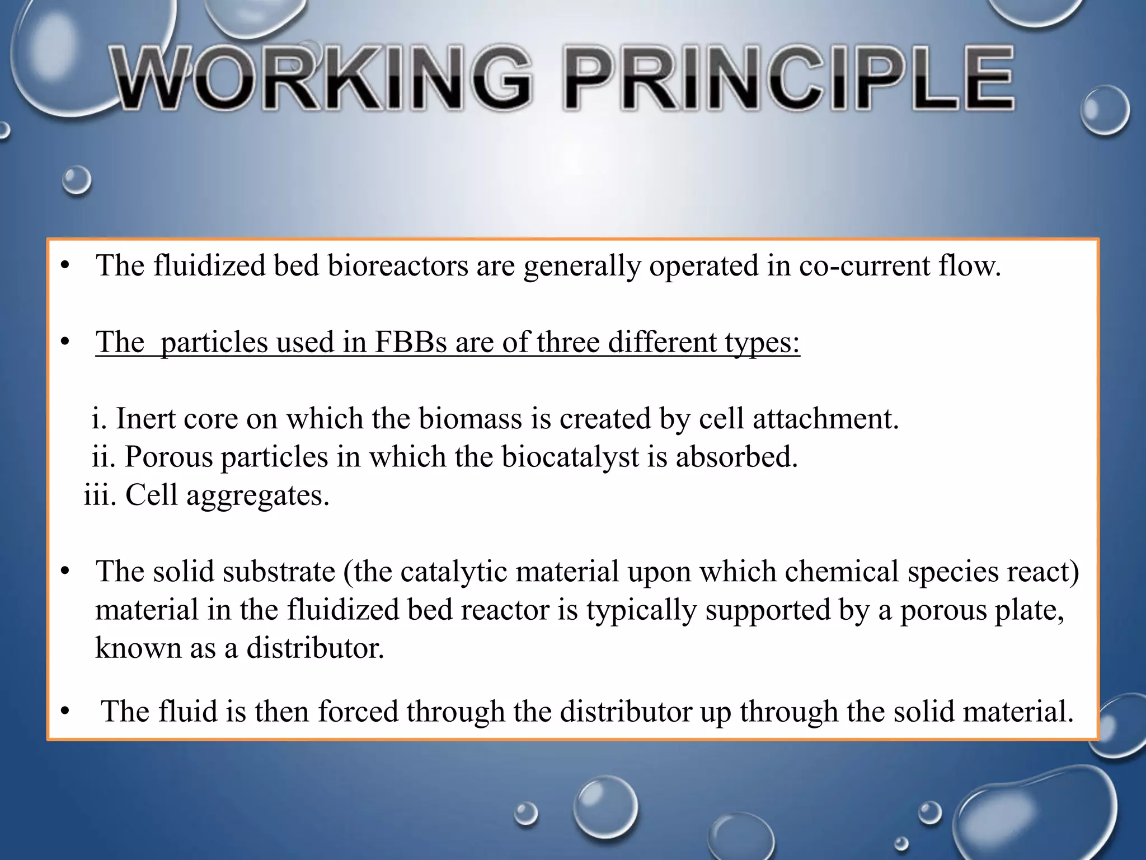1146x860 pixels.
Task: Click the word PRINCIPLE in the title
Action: click(x=789, y=80)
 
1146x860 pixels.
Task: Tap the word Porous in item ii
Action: click(x=168, y=457)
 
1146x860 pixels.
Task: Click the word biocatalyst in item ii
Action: click(x=570, y=457)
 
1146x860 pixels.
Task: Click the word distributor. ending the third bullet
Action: click(x=315, y=648)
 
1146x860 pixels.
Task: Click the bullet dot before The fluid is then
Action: click(x=65, y=712)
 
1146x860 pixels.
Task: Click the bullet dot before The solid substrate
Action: click(x=65, y=572)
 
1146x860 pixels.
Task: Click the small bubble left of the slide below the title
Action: click(x=76, y=180)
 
